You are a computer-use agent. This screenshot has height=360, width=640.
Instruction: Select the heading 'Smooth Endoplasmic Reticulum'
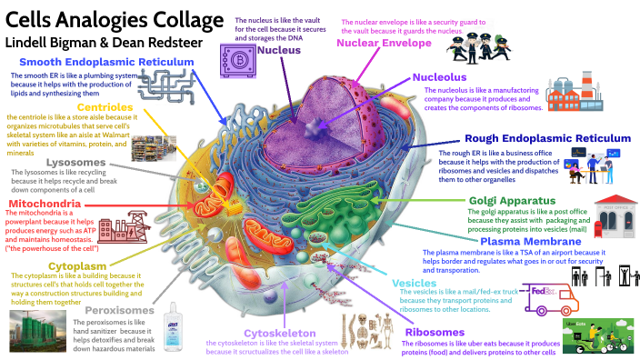(105, 62)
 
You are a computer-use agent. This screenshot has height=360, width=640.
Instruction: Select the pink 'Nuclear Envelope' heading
(392, 43)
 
